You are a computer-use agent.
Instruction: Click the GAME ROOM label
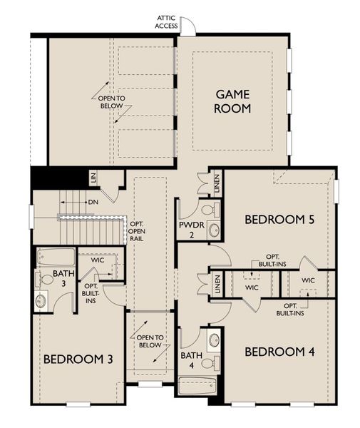point(232,101)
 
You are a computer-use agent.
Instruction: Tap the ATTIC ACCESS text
point(167,22)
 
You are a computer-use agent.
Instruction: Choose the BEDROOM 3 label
point(78,358)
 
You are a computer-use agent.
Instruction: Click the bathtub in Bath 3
point(55,256)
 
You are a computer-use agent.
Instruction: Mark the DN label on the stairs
point(93,202)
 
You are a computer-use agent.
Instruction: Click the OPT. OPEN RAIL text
point(136,232)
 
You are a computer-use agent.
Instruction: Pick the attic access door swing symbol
point(187,28)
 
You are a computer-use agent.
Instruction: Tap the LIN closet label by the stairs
point(93,178)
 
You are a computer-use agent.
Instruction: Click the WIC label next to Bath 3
point(98,260)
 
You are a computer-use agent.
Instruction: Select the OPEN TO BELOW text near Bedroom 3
point(150,342)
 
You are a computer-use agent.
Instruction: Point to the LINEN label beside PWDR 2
point(217,183)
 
